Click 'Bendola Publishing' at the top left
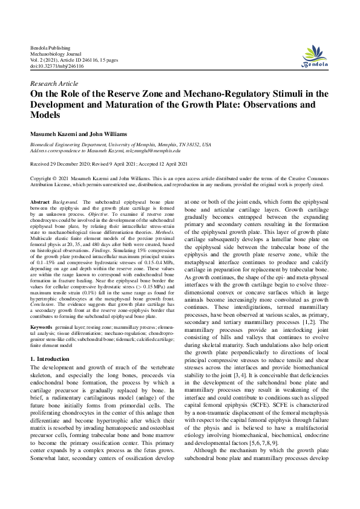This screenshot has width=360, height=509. (50, 47)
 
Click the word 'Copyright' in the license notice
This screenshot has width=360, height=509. (45, 179)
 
